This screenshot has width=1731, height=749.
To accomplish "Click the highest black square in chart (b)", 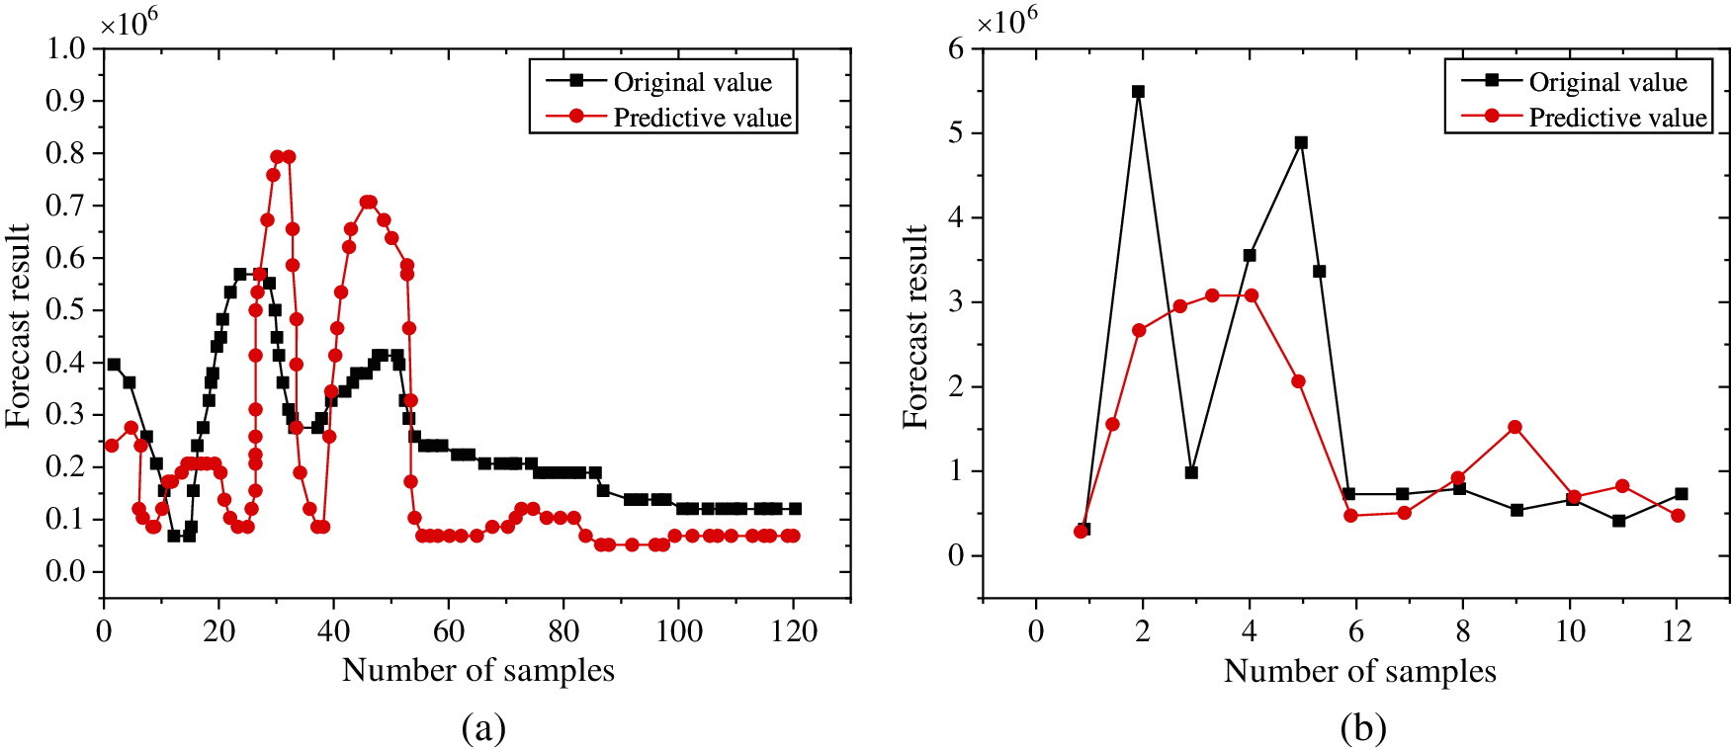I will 1138,92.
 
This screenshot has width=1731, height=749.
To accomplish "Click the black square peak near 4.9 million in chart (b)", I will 1301,143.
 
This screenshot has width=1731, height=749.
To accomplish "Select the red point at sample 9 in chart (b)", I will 1515,427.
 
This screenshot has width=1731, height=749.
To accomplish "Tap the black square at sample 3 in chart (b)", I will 1191,472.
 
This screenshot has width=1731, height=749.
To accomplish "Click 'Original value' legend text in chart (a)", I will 692,82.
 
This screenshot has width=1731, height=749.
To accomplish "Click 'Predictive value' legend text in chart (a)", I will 702,118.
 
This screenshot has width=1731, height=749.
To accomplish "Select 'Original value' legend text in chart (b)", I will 1607,82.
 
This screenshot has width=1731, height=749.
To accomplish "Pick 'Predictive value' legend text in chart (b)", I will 1617,118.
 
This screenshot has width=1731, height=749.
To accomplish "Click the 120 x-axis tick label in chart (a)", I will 794,631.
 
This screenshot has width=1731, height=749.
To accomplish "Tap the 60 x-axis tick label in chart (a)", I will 449,631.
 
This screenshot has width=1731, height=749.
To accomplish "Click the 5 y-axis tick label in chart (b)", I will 955,133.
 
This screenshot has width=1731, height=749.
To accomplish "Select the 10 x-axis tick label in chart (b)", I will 1570,631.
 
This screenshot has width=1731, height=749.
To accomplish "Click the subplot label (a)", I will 483,729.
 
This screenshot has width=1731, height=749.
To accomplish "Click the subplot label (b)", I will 1363,729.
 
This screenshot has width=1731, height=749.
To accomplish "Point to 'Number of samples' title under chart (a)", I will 477,671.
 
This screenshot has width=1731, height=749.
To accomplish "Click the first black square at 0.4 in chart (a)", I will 114,365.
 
